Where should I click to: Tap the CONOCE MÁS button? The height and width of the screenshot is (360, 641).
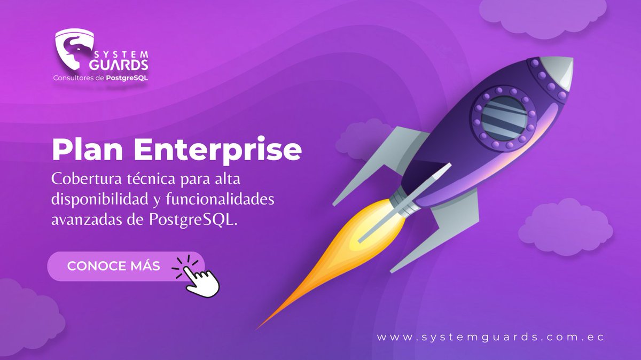114,266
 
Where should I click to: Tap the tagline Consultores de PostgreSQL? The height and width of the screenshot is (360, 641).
100,78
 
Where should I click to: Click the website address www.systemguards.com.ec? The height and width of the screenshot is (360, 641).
490,338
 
